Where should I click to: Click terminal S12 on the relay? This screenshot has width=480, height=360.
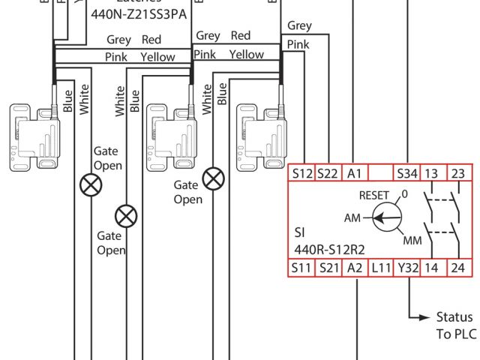302,173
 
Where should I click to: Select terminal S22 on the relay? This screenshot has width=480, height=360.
328,173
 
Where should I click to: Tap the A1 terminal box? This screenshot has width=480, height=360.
354,173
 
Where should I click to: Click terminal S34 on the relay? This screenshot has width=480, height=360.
406,173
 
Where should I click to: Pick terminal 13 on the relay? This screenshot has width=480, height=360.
433,173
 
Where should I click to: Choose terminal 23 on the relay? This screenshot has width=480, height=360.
458,173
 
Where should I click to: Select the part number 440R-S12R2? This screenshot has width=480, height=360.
328,249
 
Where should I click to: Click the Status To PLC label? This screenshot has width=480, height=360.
454,325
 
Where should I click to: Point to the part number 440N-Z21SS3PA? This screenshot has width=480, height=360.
140,13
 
